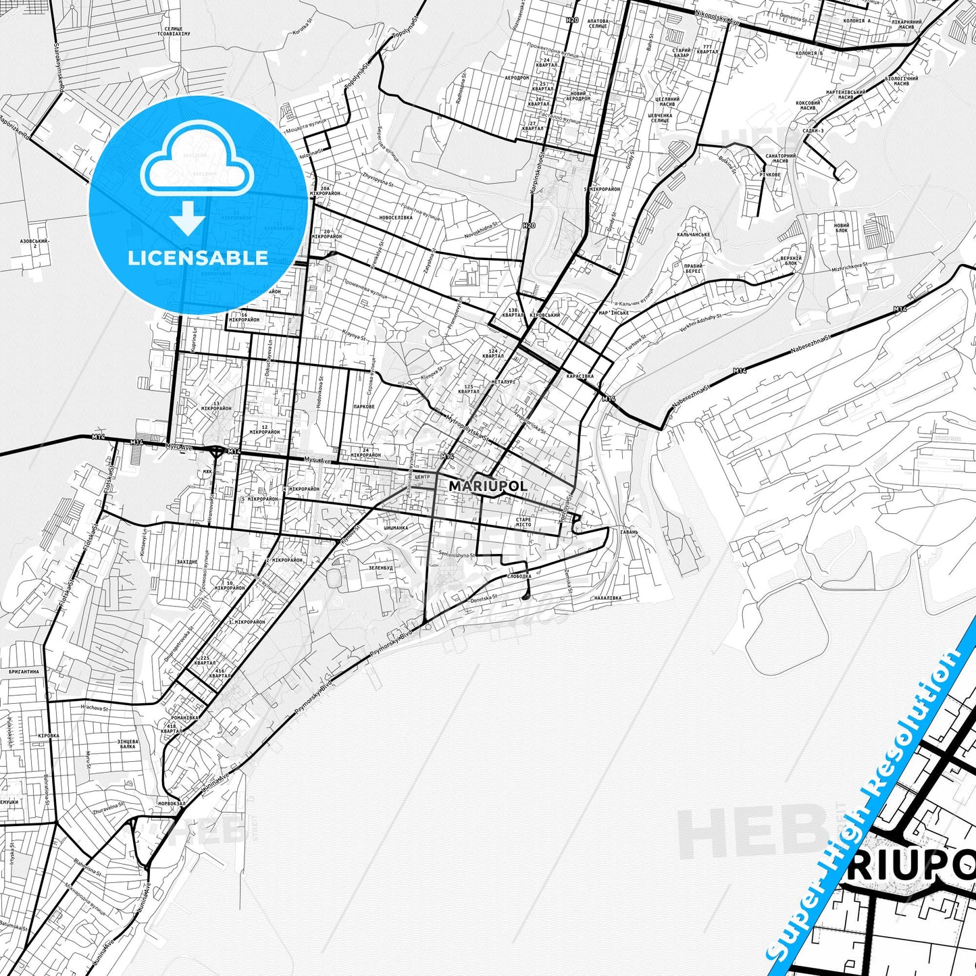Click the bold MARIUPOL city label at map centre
point(488,486)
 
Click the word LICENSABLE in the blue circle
point(198,258)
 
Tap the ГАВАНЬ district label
point(629,532)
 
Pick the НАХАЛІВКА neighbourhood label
point(608,598)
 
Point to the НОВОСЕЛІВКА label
point(396,217)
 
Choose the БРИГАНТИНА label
point(24,672)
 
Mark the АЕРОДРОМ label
point(517,78)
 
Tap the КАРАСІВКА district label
point(580,376)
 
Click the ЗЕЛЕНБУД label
point(380,568)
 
